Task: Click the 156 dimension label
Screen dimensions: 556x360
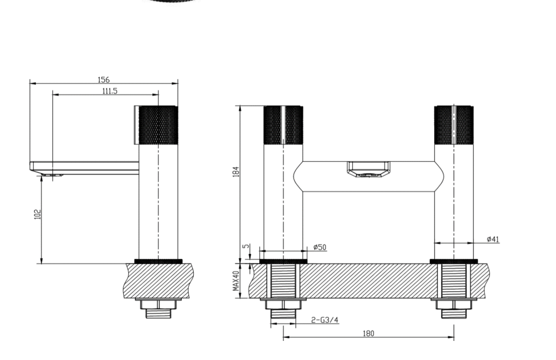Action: tap(103, 80)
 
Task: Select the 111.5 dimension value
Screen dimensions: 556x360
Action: tap(110, 91)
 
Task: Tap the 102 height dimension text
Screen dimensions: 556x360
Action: tap(37, 214)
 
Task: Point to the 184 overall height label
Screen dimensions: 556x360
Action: tap(236, 171)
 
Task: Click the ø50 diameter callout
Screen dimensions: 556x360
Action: tap(320, 247)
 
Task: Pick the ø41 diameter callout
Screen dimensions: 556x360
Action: tap(493, 239)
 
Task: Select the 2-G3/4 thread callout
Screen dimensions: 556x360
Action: tap(325, 320)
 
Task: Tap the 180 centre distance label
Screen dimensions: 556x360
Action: tap(368, 333)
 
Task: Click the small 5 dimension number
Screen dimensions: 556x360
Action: tap(246, 246)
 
